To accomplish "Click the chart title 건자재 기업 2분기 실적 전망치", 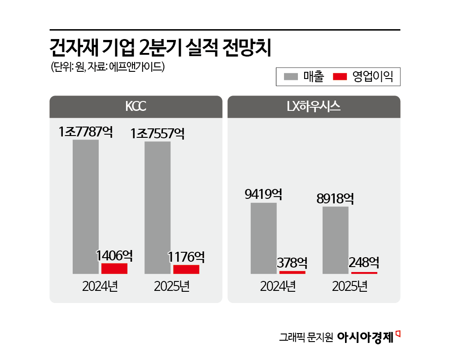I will [160, 48].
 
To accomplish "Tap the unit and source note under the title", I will [108, 67].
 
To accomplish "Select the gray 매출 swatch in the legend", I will [291, 77].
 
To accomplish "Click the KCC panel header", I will [135, 107].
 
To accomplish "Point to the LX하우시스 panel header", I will [314, 107].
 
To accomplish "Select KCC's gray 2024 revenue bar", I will [86, 206].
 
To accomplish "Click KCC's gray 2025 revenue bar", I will [157, 207].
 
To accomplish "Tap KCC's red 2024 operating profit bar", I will [114, 268].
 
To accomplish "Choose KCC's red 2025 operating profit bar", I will [186, 269].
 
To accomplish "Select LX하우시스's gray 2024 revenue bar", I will [263, 238].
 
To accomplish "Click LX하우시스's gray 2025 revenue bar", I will [336, 240].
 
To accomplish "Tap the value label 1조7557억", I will [157, 133].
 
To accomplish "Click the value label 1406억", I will [114, 256].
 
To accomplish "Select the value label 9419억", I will [263, 195].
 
